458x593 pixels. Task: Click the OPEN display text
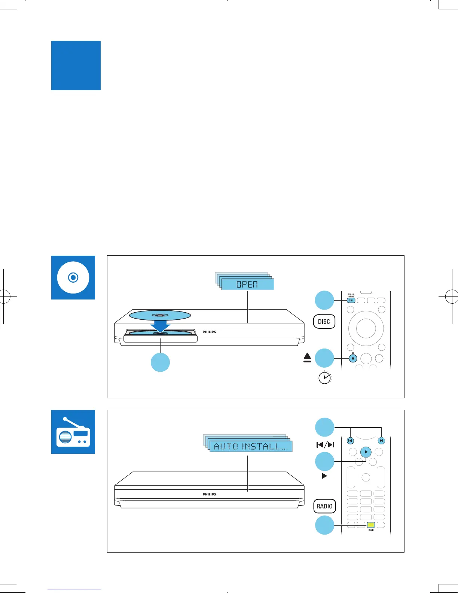click(247, 285)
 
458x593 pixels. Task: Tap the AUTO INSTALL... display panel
click(251, 446)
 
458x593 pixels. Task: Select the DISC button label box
click(324, 322)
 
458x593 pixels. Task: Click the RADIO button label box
click(324, 506)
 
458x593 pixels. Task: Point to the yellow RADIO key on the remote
click(371, 525)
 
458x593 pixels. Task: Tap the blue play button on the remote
click(366, 452)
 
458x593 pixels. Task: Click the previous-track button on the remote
click(350, 441)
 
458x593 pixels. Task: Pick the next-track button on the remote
click(381, 441)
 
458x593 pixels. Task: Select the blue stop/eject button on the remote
click(352, 358)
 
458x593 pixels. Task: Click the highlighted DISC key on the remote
click(351, 300)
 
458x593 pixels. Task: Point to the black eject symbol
click(308, 358)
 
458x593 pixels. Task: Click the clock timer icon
click(324, 378)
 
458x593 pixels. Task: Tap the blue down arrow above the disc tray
click(161, 326)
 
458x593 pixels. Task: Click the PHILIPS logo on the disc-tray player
click(209, 332)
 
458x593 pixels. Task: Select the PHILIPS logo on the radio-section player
click(209, 494)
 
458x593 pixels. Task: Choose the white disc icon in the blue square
click(73, 277)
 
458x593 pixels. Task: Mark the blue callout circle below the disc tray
click(160, 362)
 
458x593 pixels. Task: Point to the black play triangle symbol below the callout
click(324, 476)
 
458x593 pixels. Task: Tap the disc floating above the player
click(160, 315)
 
